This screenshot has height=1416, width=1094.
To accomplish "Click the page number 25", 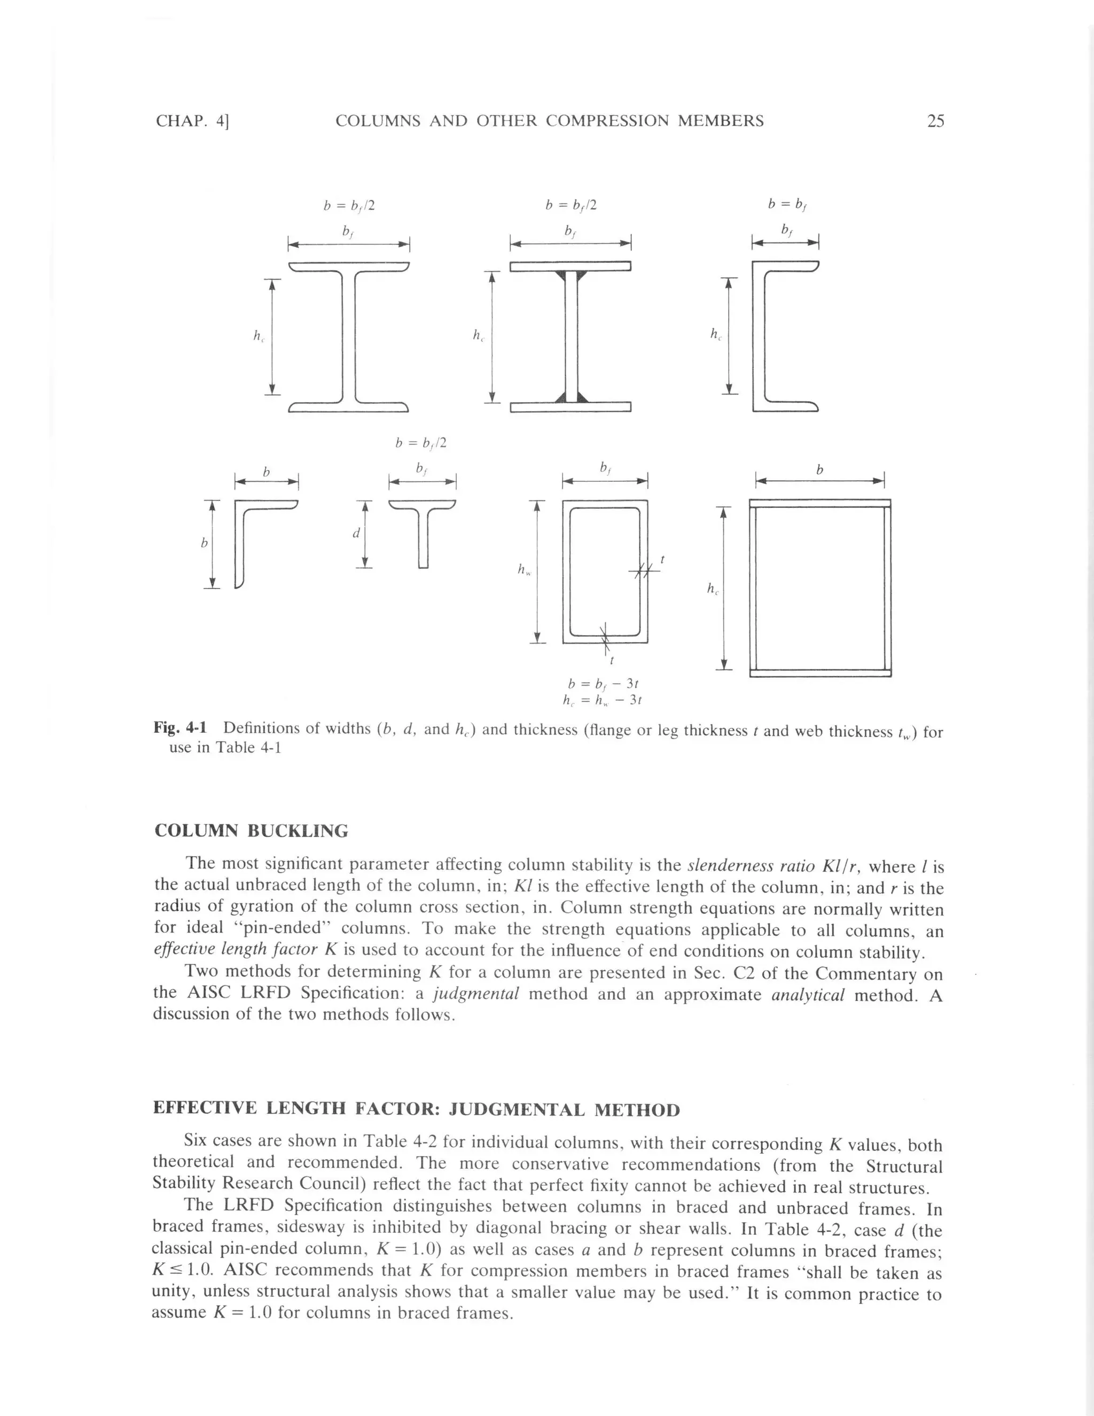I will (935, 121).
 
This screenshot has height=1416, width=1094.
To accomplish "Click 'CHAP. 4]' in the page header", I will (193, 121).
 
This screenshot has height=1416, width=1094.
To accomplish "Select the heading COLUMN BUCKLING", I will (251, 831).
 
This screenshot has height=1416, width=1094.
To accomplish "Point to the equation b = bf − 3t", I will (603, 684).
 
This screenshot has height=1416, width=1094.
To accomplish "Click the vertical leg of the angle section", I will (239, 548).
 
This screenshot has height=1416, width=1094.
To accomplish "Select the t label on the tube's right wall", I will (661, 559).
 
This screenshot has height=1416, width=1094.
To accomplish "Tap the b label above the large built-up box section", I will (819, 470).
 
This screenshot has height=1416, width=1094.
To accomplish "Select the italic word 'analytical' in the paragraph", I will (807, 995).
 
